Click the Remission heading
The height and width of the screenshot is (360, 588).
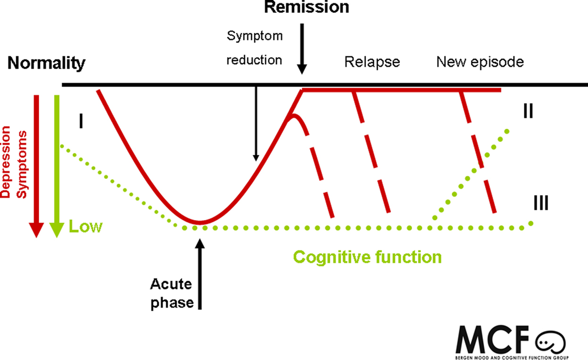point(307,7)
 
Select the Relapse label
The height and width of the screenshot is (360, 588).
point(372,62)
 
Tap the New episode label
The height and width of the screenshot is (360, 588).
point(480,62)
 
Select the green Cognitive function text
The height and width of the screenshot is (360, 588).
point(367,257)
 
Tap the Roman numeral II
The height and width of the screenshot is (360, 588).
point(528,112)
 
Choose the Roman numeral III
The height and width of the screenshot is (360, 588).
point(540,202)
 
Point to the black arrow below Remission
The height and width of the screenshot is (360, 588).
point(303,49)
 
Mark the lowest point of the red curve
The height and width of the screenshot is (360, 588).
point(200,223)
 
